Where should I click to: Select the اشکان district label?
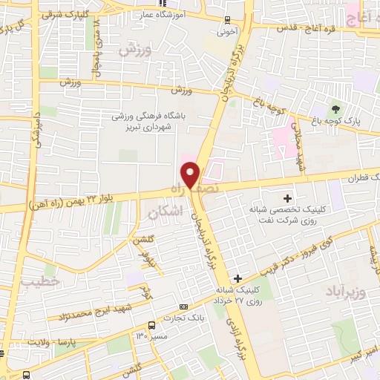click(x=164, y=212)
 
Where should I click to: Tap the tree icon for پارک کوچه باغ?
click(x=335, y=109)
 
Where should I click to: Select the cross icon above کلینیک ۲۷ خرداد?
click(x=237, y=278)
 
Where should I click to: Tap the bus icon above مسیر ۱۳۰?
click(x=152, y=325)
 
